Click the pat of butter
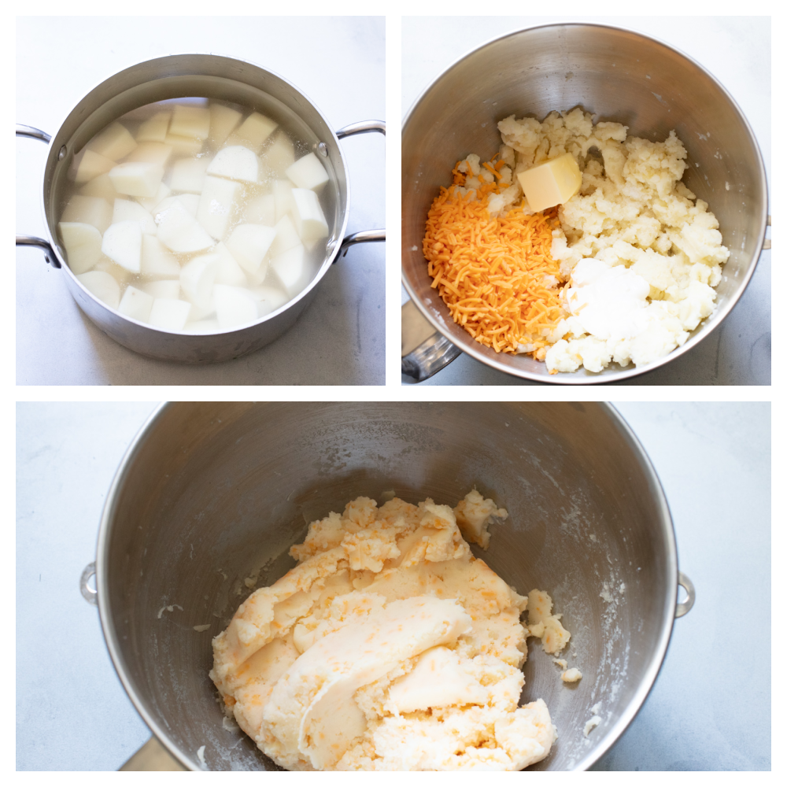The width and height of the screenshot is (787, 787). [549, 181]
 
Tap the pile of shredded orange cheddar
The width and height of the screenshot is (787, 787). [492, 268]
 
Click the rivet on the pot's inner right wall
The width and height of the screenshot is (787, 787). [322, 149]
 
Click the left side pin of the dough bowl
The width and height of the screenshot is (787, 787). [88, 583]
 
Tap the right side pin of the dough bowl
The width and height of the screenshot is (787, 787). [685, 594]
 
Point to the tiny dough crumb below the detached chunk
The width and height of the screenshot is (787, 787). [572, 674]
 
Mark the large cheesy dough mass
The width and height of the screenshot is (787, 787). [378, 637]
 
